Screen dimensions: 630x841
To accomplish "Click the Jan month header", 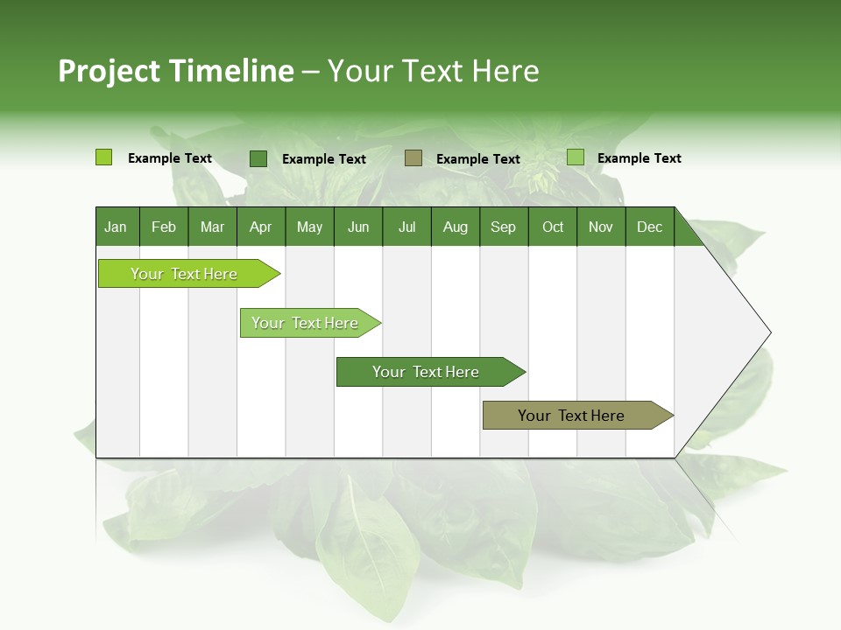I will coord(116,227).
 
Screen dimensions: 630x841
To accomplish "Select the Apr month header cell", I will coord(261,227).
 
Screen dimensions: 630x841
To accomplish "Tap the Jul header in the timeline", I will coord(406,227).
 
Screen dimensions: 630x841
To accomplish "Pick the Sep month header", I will coord(503,227).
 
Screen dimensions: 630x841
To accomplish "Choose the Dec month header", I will coord(649,227).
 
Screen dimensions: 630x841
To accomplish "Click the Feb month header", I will coord(164,227).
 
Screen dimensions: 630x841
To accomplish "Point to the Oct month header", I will coord(553,227).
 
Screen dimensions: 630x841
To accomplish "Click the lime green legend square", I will coord(104,157).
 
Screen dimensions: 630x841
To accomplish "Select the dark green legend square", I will coord(258,158).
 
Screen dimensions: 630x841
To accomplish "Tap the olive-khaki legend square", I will coord(413,157).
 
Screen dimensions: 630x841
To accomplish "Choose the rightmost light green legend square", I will coord(576,157).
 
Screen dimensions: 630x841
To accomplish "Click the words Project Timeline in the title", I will coord(175,71).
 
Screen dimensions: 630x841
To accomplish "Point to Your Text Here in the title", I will coord(434,71).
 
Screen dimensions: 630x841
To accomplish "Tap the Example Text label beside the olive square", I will coord(478,158).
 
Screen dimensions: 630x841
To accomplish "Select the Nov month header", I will coord(601,227).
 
